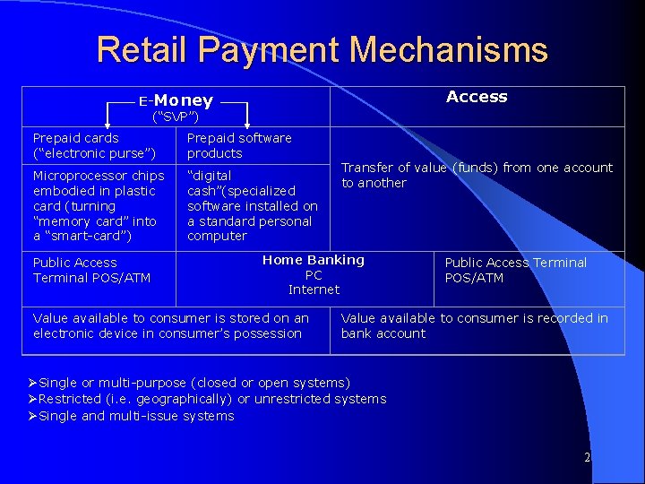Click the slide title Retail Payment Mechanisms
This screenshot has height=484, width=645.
[322, 49]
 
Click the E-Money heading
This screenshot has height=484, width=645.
[176, 100]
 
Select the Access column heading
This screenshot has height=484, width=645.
[477, 97]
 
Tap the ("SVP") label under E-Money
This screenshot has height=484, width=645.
[176, 117]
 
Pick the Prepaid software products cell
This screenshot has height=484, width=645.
[239, 145]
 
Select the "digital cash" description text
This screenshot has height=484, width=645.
[252, 205]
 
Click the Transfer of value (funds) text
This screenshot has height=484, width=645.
[477, 175]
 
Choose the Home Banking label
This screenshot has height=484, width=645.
[314, 260]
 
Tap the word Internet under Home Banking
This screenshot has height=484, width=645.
[314, 290]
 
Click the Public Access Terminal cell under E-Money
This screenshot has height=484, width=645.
[91, 270]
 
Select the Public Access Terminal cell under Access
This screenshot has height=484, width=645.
[515, 270]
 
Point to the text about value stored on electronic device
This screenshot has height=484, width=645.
[170, 325]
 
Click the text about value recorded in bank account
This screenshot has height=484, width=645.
[474, 325]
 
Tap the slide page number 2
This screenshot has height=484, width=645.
[587, 457]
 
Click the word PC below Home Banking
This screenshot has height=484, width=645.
[314, 275]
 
